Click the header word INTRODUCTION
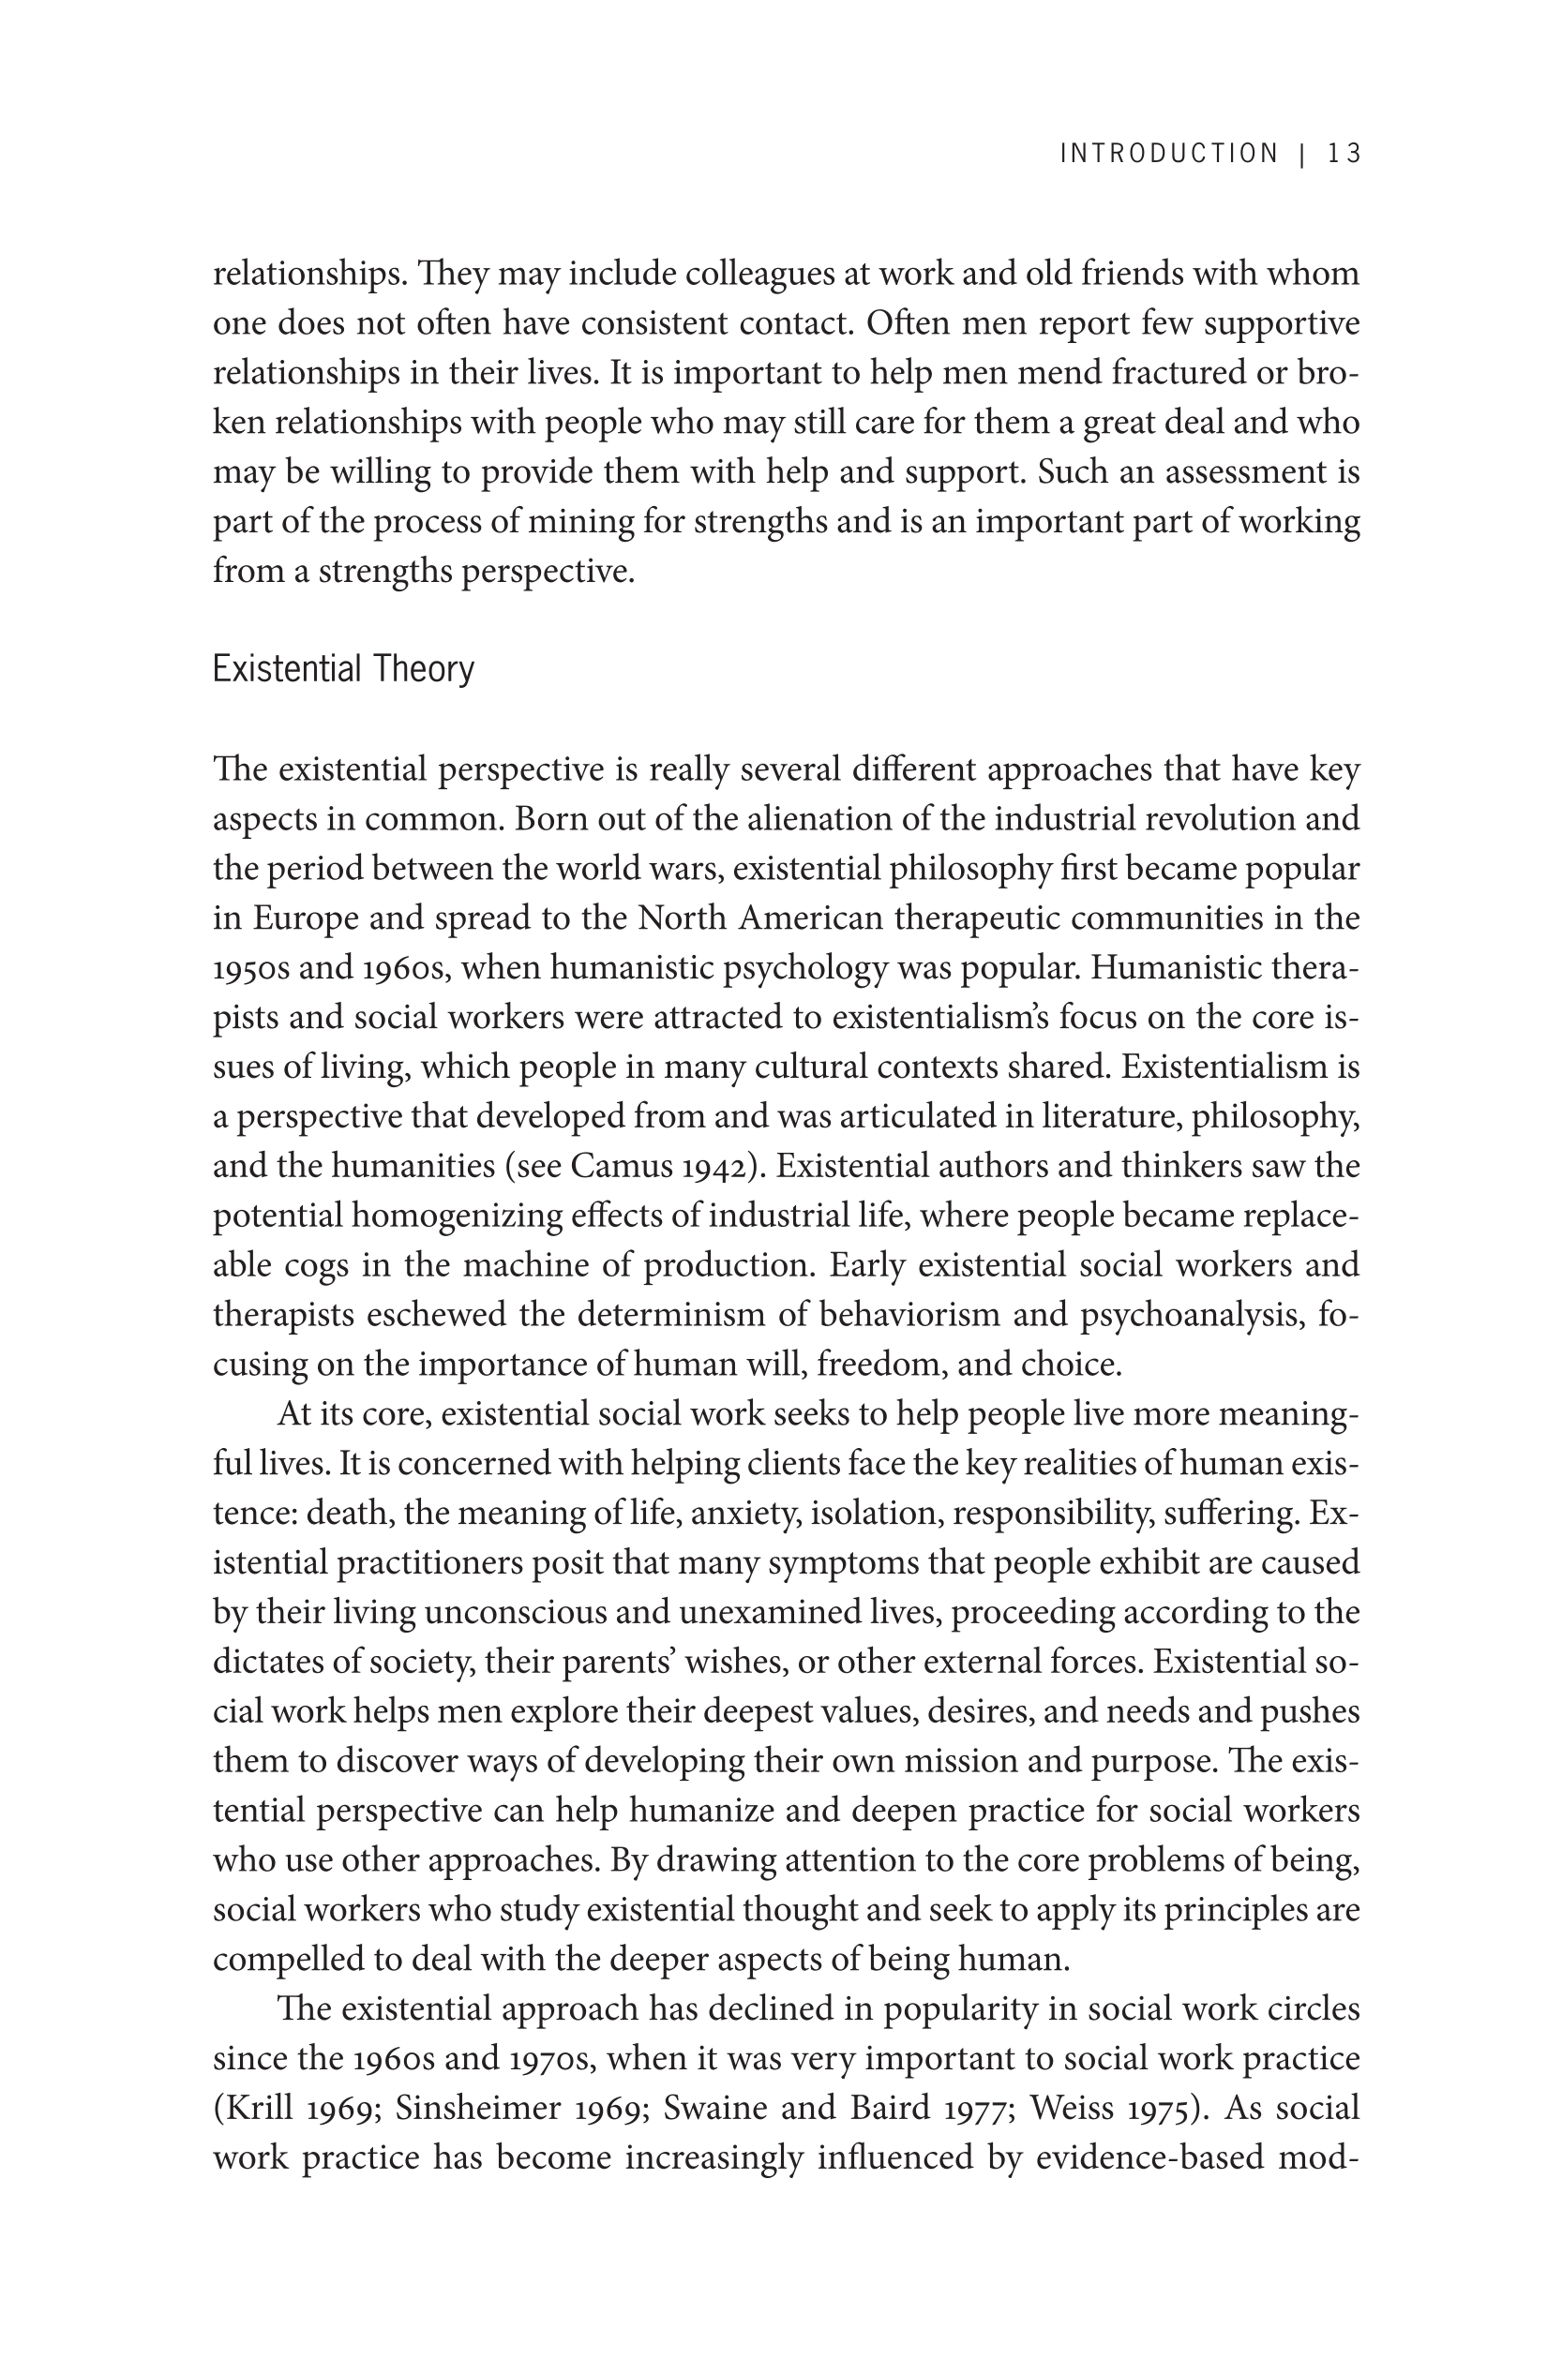pos(1168,154)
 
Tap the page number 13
pos(1344,154)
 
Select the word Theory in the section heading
pos(424,668)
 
